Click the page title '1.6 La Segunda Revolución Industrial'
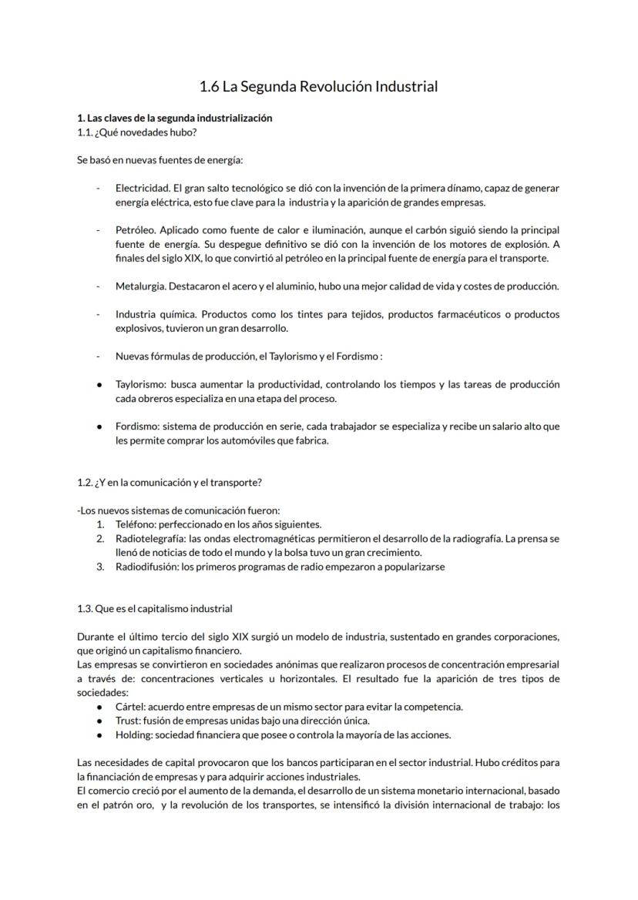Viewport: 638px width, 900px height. pyautogui.click(x=318, y=87)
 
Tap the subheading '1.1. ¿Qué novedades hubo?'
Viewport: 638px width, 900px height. pyautogui.click(x=131, y=132)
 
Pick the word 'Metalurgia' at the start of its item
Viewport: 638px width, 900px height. pyautogui.click(x=139, y=286)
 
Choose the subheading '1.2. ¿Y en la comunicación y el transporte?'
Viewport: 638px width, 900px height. pyautogui.click(x=170, y=483)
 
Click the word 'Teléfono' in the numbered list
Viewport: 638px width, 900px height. pyautogui.click(x=134, y=524)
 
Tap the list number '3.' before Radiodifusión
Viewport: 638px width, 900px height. pyautogui.click(x=100, y=567)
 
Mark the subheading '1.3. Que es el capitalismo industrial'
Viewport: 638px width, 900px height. pyautogui.click(x=154, y=609)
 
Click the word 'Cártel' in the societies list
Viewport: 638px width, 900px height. pyautogui.click(x=129, y=707)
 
